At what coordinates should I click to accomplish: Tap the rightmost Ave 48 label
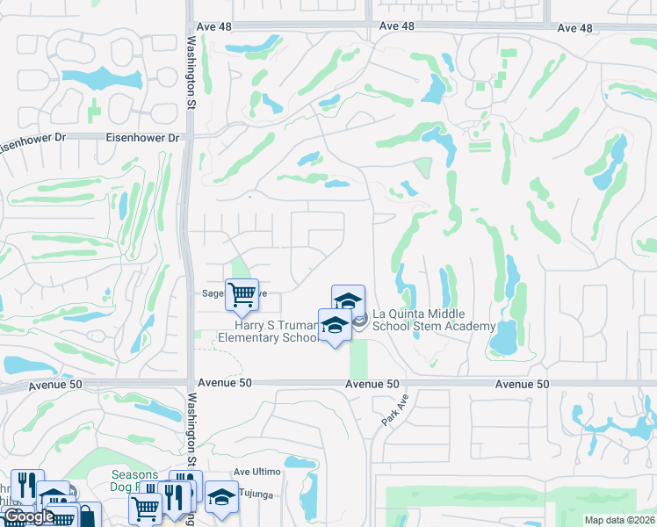tap(574, 28)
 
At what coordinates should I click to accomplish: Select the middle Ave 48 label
tap(397, 26)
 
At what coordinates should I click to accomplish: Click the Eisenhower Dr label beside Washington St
tap(141, 138)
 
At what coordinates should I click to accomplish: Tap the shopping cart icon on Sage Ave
tap(242, 293)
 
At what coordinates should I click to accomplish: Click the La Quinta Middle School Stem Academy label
tap(434, 320)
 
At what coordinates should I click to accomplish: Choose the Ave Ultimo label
tap(256, 472)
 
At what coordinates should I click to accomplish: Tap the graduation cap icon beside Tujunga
tap(221, 496)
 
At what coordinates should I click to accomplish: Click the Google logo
tap(28, 516)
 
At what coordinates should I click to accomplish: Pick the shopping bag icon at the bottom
tap(88, 516)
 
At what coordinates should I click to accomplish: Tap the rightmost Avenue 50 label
tap(522, 384)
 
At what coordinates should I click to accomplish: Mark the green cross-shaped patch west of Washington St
tap(94, 112)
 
